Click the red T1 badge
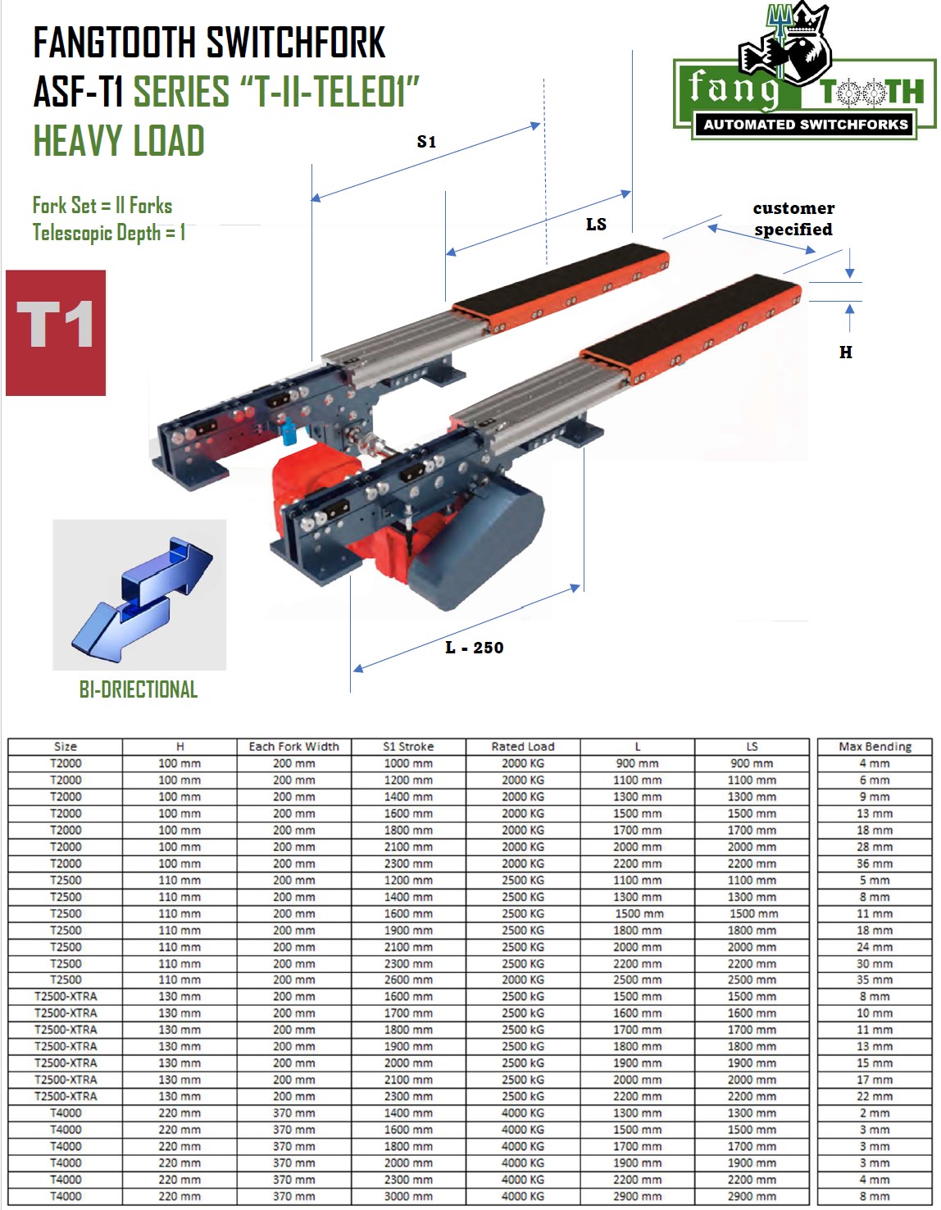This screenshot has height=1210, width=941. [x=56, y=333]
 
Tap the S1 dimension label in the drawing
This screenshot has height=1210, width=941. [x=426, y=142]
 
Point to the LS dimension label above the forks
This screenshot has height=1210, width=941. [x=596, y=224]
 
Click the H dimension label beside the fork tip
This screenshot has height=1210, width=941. [x=846, y=353]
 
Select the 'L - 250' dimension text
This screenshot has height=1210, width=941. [x=475, y=648]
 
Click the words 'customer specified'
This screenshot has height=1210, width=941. [x=793, y=219]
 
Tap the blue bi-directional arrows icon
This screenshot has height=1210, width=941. [x=140, y=595]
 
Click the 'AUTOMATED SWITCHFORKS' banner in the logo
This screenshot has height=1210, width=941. [x=805, y=125]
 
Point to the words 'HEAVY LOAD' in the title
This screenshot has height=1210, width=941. [x=119, y=141]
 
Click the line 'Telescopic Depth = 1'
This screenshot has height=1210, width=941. [x=109, y=233]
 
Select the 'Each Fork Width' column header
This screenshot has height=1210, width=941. [x=293, y=747]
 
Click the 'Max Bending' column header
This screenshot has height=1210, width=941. [x=875, y=747]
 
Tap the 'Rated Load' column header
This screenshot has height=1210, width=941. [x=523, y=747]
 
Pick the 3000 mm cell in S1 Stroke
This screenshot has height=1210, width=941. [x=408, y=1196]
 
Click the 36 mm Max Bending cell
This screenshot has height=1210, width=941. [x=875, y=863]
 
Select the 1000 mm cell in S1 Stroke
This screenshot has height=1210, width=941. [x=408, y=763]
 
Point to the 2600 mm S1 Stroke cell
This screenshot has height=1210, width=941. [x=408, y=980]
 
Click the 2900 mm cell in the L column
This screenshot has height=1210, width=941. [x=637, y=1196]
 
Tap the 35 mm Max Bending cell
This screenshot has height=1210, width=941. [x=875, y=980]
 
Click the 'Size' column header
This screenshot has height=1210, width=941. [x=66, y=747]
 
